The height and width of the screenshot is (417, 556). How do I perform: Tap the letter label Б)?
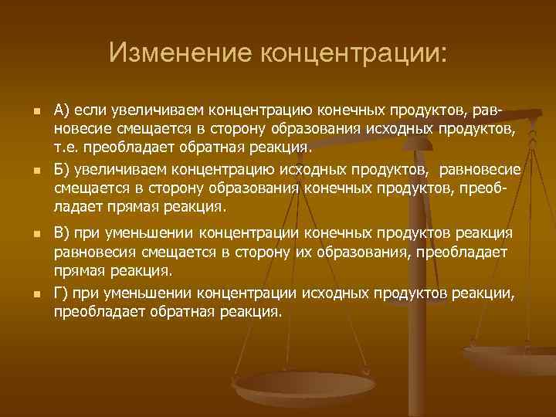coord(64,169)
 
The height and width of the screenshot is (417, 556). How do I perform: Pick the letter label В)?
coord(64,232)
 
